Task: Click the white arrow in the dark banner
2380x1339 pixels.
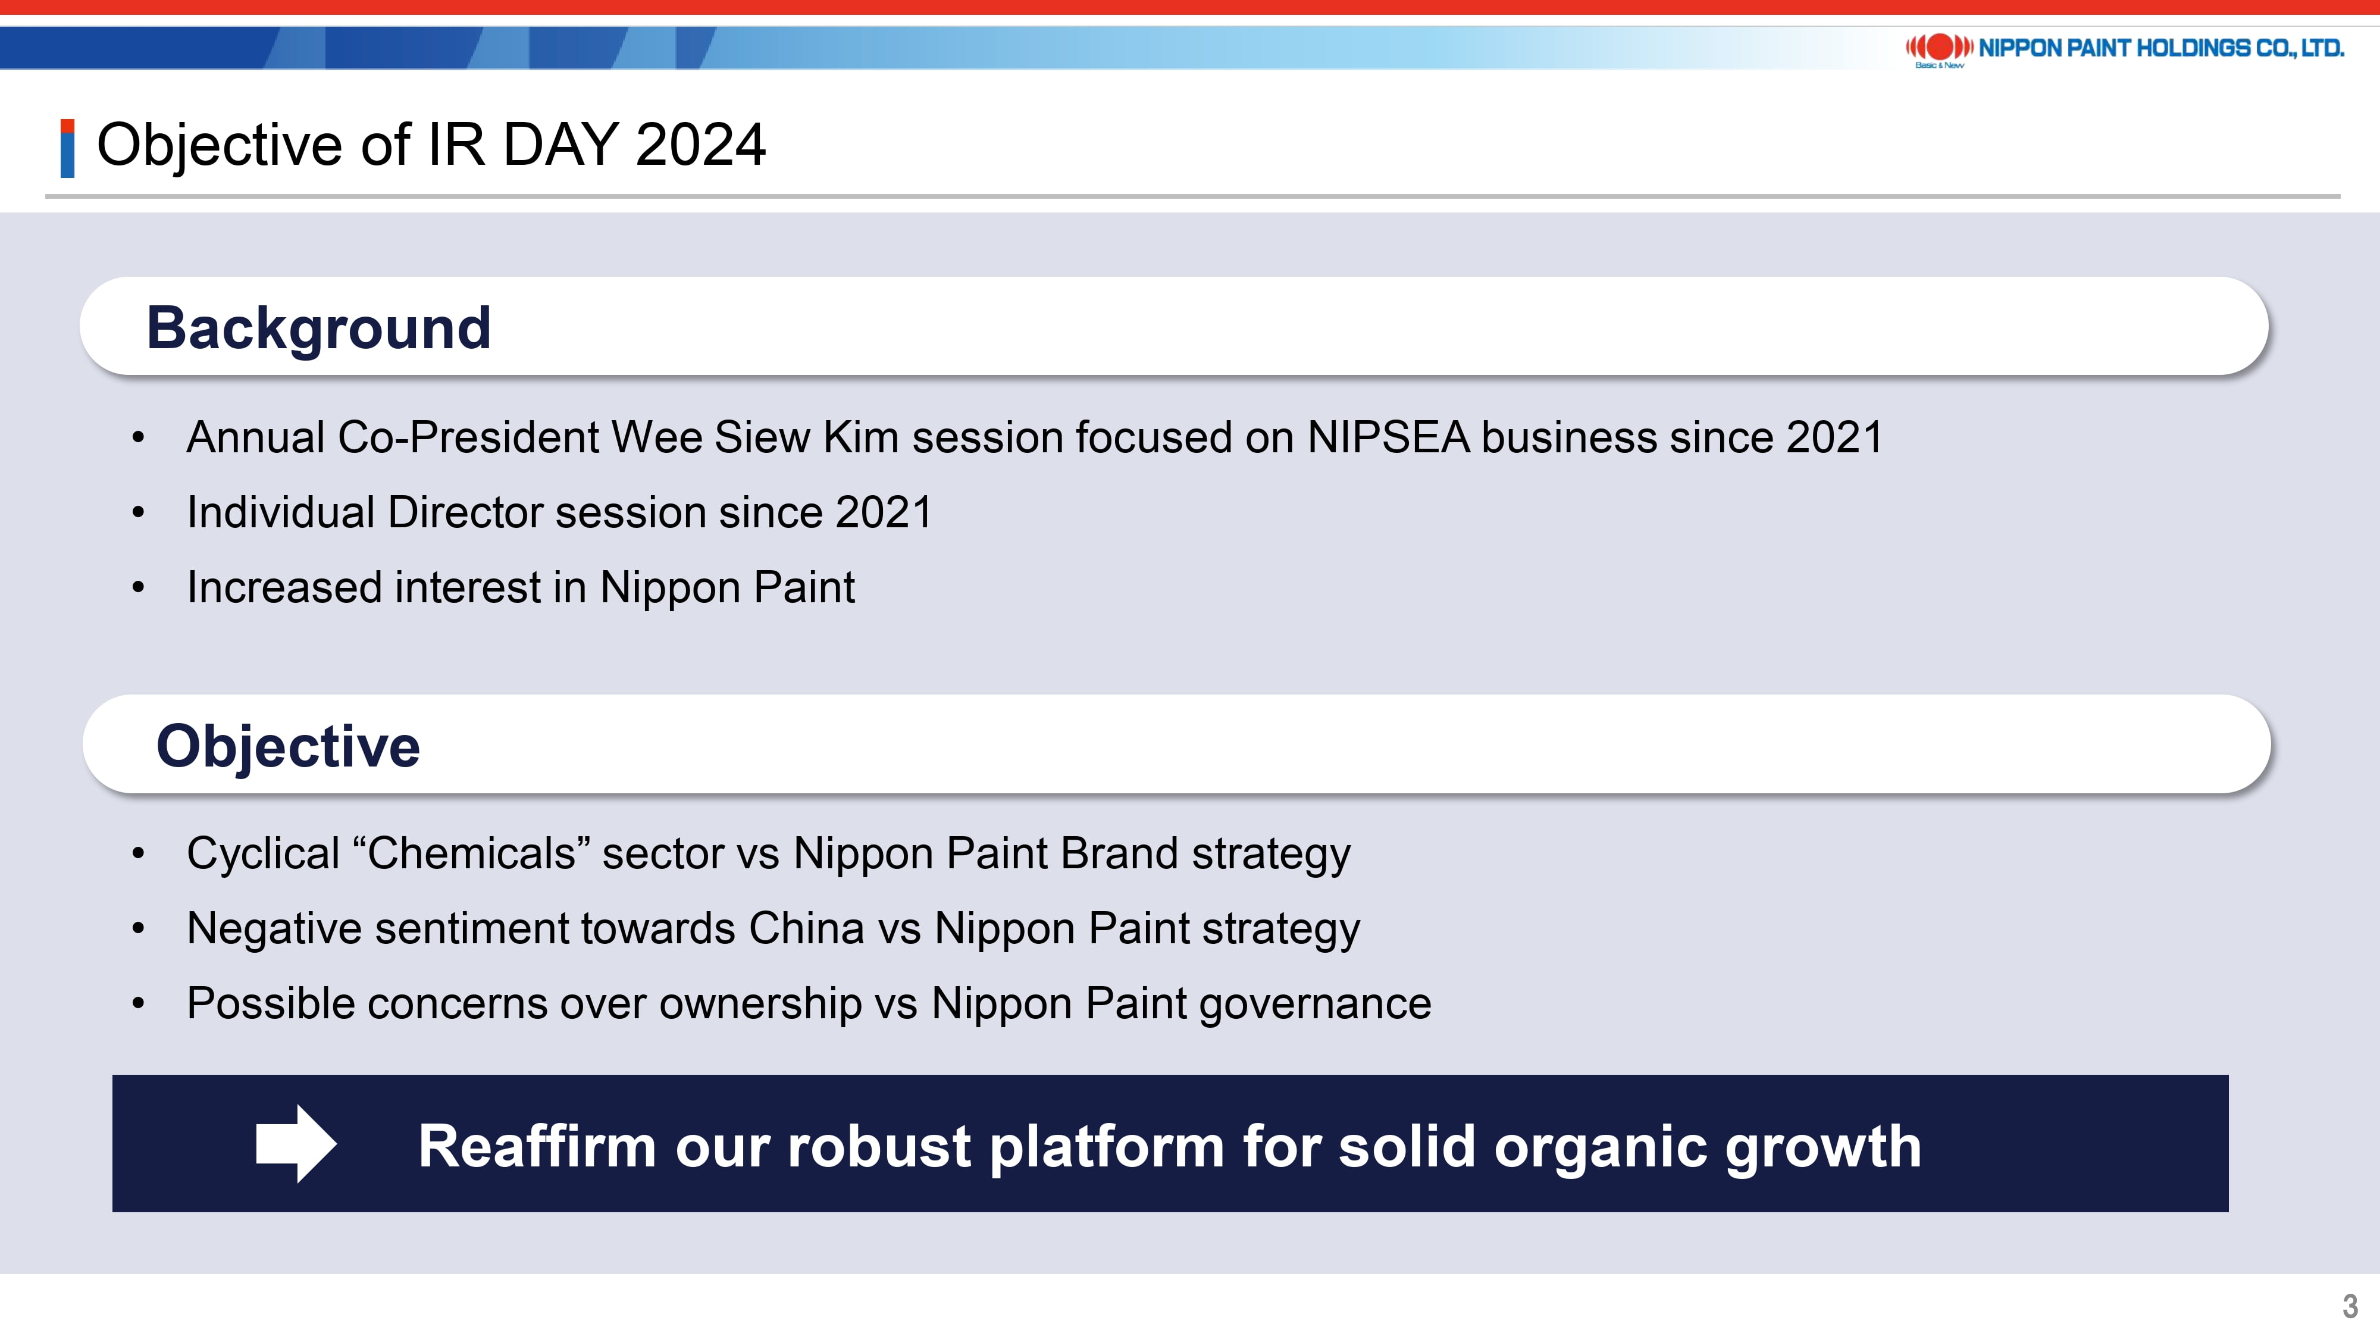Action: click(x=296, y=1143)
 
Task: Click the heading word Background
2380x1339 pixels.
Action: click(x=319, y=328)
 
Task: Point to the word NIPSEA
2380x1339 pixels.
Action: click(x=1388, y=437)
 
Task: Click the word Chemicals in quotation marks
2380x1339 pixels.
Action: click(x=472, y=853)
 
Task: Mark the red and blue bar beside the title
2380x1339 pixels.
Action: click(x=67, y=148)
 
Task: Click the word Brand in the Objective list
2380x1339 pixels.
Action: click(x=1119, y=853)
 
